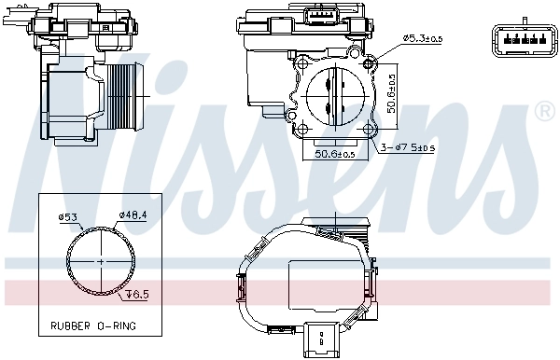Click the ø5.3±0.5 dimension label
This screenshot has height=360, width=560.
423,37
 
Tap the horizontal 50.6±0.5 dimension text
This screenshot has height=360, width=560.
334,154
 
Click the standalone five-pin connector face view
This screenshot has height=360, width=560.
514,40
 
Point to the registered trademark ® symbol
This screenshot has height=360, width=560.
543,112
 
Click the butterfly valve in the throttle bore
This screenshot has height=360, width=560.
335,96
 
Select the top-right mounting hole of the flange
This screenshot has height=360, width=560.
370,63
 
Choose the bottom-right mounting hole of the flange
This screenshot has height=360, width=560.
369,130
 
